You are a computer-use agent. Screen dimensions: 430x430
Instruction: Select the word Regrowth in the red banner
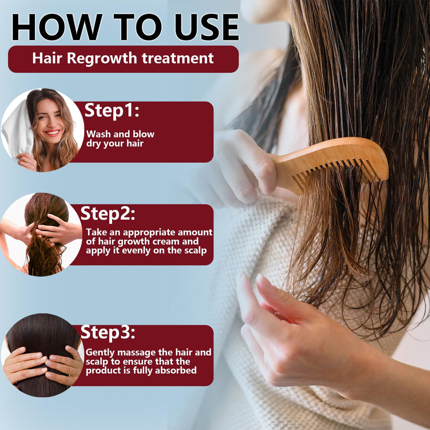pyautogui.click(x=102, y=59)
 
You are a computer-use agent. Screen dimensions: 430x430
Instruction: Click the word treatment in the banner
pyautogui.click(x=178, y=58)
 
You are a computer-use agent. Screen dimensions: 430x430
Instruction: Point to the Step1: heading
pyautogui.click(x=112, y=111)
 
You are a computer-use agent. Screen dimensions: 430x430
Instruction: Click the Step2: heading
pyautogui.click(x=108, y=214)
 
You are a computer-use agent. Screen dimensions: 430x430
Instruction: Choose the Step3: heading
pyautogui.click(x=108, y=333)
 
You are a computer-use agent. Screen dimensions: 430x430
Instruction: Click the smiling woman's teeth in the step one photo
pyautogui.click(x=52, y=133)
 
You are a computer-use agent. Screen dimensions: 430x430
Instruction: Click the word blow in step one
pyautogui.click(x=143, y=134)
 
